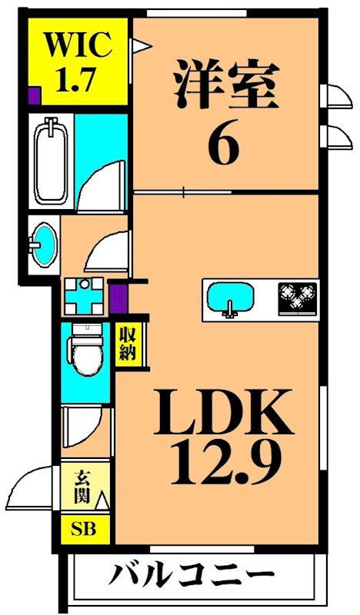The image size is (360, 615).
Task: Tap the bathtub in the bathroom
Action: [x=52, y=161]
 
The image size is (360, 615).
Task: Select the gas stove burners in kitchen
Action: [x=297, y=297]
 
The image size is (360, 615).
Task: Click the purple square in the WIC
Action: [x=33, y=97]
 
